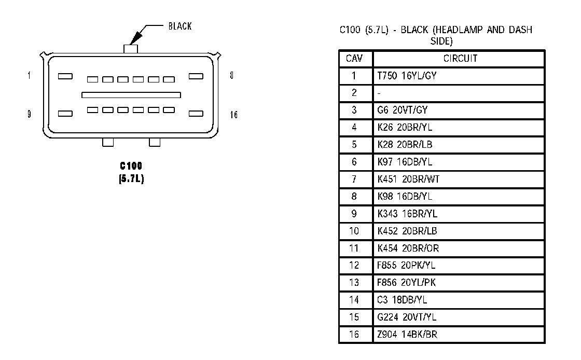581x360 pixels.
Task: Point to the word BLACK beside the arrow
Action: [x=179, y=26]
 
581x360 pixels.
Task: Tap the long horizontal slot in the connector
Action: [x=131, y=95]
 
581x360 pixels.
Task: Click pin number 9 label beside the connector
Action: [x=29, y=114]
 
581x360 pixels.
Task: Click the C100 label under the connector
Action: [x=131, y=166]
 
